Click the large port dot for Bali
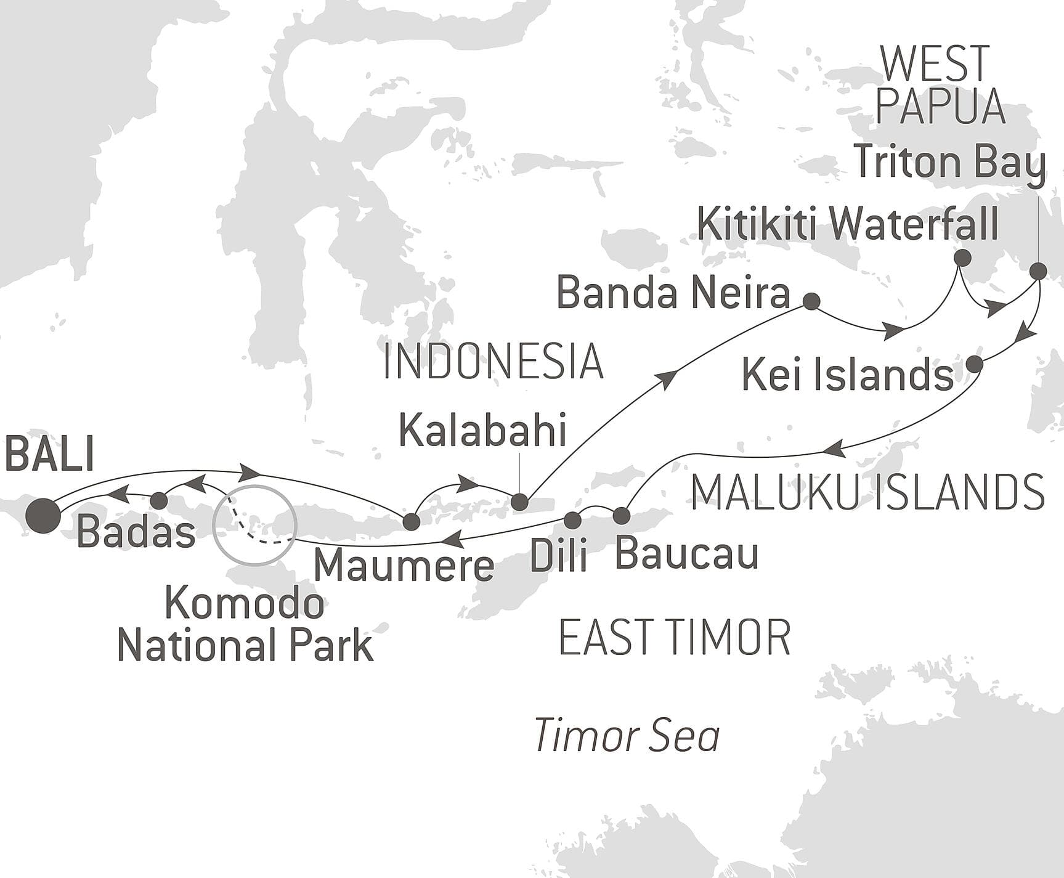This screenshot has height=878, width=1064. (x=44, y=515)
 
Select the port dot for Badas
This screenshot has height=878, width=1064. (x=160, y=500)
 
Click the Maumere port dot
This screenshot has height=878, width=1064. (x=411, y=522)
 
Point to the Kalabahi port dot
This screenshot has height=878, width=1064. (x=520, y=502)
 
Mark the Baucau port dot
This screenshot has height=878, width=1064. (x=621, y=515)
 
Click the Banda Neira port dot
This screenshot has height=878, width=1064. (x=812, y=301)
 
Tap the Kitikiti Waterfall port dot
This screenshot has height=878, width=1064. (x=962, y=258)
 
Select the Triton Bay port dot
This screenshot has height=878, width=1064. (x=1038, y=270)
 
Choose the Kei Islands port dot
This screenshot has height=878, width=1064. (x=974, y=364)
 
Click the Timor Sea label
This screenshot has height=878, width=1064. (x=627, y=736)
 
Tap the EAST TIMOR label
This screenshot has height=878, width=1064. (x=675, y=638)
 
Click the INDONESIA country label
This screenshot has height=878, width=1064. (x=493, y=362)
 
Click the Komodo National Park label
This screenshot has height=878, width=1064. (x=245, y=625)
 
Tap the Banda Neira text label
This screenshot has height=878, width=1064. (x=673, y=293)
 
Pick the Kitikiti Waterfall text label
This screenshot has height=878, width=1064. (x=848, y=224)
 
